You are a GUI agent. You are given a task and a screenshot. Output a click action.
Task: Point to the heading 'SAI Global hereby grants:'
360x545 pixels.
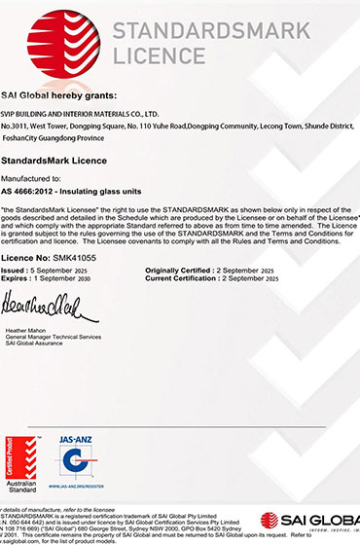click(59, 95)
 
